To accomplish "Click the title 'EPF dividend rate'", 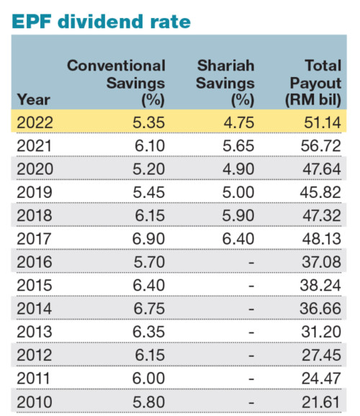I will pos(102,21).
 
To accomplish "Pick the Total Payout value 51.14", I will pos(320,122).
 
